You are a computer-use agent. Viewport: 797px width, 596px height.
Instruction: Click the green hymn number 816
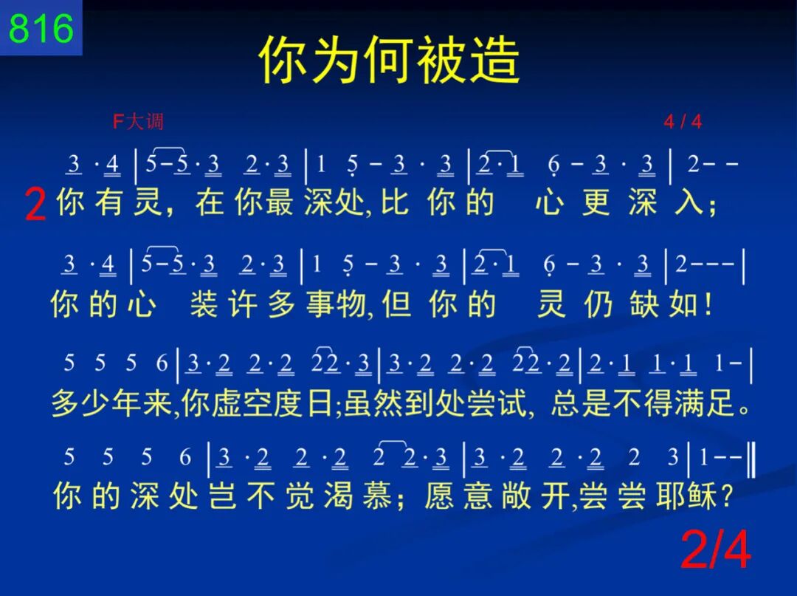[41, 29]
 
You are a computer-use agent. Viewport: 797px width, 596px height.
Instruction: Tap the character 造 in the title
[494, 60]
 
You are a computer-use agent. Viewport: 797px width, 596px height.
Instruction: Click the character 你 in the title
[283, 60]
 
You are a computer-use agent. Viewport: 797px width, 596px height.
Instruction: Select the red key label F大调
[138, 122]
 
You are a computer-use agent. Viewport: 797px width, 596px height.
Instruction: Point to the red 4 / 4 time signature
[683, 122]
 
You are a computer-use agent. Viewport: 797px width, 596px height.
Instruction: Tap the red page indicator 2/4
[716, 549]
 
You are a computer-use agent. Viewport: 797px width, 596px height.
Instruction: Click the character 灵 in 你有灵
[148, 202]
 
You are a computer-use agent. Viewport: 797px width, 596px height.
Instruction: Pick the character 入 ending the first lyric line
[690, 202]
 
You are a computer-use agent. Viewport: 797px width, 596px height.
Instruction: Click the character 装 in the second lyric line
[204, 304]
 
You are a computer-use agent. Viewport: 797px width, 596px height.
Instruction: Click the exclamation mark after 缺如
[708, 304]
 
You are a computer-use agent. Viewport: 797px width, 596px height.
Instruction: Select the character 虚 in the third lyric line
[227, 403]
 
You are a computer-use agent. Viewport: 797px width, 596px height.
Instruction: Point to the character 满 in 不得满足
[689, 403]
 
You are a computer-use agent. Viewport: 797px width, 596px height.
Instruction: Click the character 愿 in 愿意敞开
[438, 496]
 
